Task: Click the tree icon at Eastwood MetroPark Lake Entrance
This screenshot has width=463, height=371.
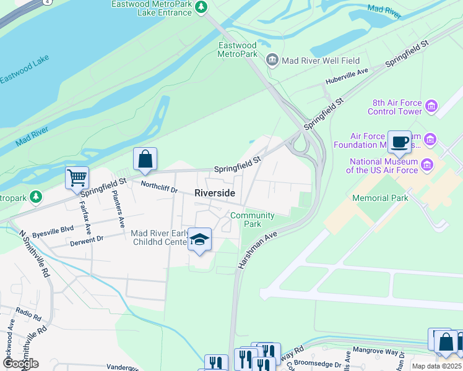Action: point(201,7)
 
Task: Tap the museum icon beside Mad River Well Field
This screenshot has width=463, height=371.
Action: point(271,61)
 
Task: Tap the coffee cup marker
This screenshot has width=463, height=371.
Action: point(399,142)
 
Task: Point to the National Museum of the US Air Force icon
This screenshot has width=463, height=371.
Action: point(427,165)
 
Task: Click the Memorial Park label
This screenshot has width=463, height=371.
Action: point(380,198)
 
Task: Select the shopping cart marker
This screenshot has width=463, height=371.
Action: point(77,178)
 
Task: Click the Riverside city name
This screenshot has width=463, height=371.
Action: point(215,193)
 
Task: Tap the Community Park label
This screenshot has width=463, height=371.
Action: point(252,220)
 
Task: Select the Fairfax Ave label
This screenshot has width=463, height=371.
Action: point(88,208)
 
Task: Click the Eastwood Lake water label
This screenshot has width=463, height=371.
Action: point(24,74)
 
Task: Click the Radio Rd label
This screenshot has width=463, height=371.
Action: point(28,313)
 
